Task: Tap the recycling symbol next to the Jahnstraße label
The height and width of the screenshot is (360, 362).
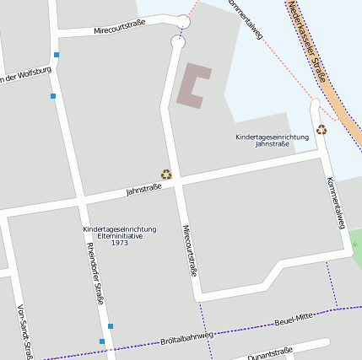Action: [x=166, y=175]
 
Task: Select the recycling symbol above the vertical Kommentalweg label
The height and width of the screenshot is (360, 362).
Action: [x=321, y=129]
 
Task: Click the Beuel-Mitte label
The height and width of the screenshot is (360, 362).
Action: [x=293, y=320]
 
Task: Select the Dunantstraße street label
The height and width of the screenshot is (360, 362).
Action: [x=270, y=353]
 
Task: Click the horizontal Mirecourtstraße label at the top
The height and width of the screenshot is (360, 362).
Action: [x=120, y=27]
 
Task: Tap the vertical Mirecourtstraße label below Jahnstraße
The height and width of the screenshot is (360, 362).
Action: [x=189, y=251]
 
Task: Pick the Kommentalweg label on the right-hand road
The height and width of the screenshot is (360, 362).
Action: [x=335, y=202]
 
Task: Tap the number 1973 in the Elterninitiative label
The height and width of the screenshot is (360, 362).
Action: [x=119, y=243]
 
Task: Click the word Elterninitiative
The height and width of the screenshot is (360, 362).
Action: [x=119, y=236]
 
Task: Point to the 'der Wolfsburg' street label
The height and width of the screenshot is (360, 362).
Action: [x=25, y=77]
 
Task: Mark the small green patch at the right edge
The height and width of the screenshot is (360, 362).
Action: [x=356, y=253]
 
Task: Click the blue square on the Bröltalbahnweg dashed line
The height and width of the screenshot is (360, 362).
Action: [x=102, y=341]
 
